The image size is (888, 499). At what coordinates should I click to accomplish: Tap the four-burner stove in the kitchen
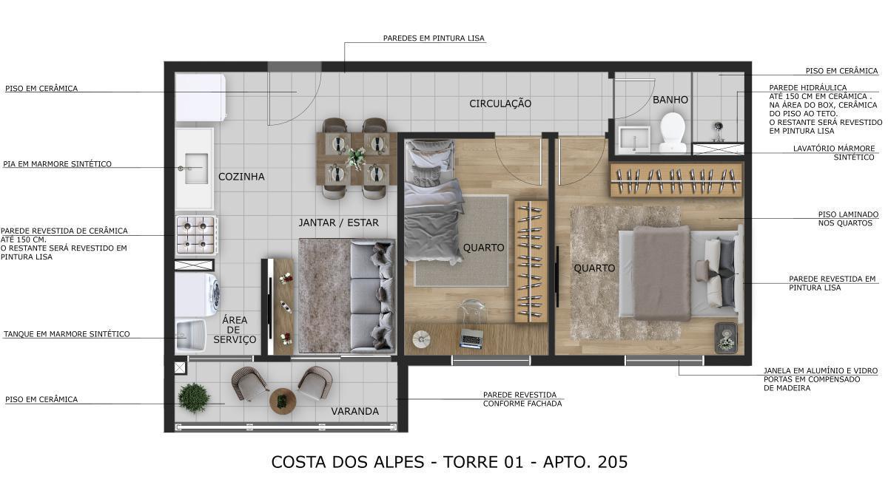(x=195, y=234)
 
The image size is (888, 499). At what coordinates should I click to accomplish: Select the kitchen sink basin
(x=196, y=169)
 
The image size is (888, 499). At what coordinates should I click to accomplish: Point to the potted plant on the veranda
(x=194, y=398)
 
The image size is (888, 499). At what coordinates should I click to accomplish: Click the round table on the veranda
(x=282, y=401)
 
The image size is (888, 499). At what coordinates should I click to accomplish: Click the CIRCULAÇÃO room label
(x=500, y=103)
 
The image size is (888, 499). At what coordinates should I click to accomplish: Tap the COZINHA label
(x=241, y=177)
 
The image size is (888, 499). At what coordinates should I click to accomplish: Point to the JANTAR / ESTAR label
(x=338, y=223)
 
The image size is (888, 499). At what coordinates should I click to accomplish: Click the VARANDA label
(x=354, y=411)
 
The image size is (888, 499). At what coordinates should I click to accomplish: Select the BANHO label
(x=670, y=99)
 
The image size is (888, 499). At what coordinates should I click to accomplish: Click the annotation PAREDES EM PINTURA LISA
(x=434, y=38)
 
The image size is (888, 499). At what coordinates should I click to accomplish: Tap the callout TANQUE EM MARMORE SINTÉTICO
(x=67, y=334)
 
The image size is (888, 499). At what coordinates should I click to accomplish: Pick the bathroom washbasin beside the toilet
(x=633, y=138)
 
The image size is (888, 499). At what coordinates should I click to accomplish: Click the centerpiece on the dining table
(x=356, y=157)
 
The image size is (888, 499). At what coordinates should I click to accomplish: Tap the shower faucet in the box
(x=717, y=135)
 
